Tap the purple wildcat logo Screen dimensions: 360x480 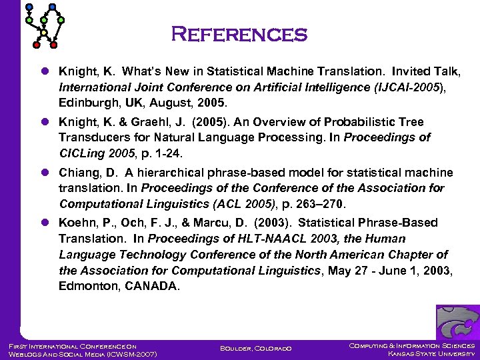457,322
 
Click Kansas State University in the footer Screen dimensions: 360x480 431,353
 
